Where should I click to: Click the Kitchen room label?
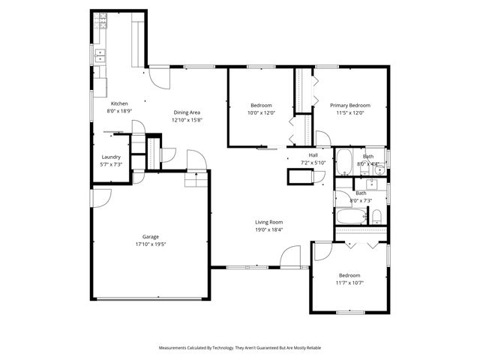tap(119, 103)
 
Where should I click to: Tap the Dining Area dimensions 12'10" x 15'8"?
tap(186, 120)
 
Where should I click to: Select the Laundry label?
tap(111, 157)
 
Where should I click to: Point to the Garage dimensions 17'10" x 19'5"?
tap(151, 244)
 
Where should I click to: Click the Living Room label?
tap(268, 222)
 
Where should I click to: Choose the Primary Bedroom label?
tap(350, 105)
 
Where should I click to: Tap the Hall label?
tap(313, 154)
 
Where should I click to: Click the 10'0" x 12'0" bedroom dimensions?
tap(261, 112)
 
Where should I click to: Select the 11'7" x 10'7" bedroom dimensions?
tap(349, 283)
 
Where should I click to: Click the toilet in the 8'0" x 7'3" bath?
tap(377, 217)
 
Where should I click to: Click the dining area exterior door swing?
tap(159, 76)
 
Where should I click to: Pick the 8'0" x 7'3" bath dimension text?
tap(361, 200)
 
